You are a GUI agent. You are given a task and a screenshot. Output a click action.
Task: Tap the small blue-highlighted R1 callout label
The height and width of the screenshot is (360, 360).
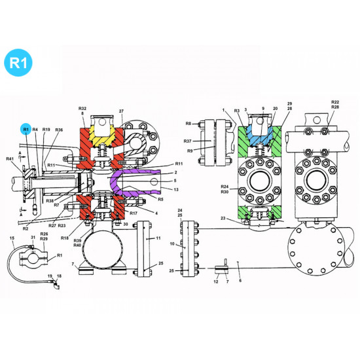(26, 130)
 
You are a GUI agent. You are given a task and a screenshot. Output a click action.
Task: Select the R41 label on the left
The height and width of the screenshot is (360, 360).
(10, 159)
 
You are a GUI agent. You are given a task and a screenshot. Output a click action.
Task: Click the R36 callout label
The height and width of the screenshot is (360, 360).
(59, 130)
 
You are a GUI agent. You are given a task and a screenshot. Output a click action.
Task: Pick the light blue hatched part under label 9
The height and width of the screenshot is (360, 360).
(261, 140)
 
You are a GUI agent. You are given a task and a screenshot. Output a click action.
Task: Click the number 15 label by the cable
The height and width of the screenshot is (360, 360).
(11, 238)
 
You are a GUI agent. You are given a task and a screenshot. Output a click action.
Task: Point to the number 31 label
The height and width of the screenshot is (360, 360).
(32, 238)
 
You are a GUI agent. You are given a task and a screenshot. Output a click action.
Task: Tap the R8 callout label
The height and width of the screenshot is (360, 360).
(188, 123)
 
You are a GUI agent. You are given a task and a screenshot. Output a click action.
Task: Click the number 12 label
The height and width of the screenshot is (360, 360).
(215, 281)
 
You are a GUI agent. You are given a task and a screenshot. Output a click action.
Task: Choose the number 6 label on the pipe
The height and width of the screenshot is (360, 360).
(240, 280)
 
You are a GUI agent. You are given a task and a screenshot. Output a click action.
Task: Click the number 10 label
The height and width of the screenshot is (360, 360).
(173, 244)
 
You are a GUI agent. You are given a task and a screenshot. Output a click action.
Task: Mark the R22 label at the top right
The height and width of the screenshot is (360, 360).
(335, 103)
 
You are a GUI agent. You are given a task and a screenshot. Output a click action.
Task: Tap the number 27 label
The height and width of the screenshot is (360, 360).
(121, 111)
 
